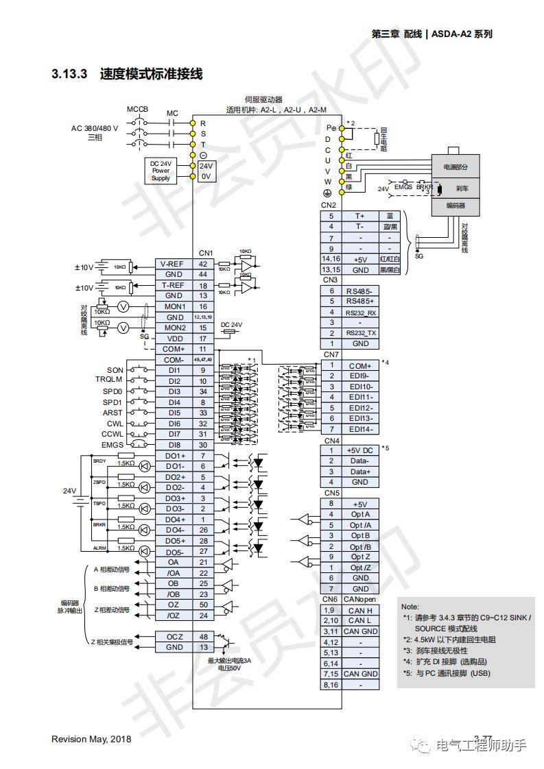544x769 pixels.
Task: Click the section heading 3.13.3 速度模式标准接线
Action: coord(127,74)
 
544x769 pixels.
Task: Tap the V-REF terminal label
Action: coord(171,264)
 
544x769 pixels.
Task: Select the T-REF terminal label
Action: coord(171,286)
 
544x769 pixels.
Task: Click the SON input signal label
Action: coord(115,370)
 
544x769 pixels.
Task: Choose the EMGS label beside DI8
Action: coord(113,445)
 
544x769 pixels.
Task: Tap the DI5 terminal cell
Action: coord(174,413)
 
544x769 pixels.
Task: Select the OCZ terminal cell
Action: coord(174,637)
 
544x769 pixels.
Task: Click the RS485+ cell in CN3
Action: coord(361,301)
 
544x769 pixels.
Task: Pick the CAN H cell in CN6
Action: coord(361,610)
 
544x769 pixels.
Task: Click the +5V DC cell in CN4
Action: coord(361,450)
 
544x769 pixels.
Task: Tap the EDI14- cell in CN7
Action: coord(361,429)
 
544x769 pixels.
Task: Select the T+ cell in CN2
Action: coord(359,216)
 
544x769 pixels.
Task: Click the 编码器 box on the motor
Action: coord(456,205)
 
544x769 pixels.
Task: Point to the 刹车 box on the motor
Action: coord(462,187)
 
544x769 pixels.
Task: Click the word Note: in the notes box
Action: coord(410,607)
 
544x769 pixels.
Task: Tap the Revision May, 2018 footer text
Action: coord(91,739)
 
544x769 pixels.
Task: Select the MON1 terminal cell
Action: coord(174,306)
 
